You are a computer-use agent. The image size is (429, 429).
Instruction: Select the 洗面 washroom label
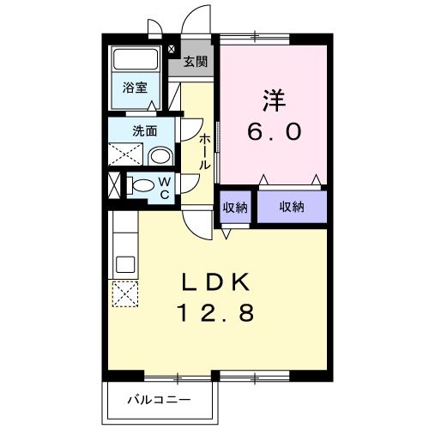pyautogui.click(x=143, y=131)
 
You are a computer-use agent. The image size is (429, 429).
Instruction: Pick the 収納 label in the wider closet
pyautogui.click(x=292, y=208)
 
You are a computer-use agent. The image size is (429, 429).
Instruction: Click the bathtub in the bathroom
pyautogui.click(x=135, y=61)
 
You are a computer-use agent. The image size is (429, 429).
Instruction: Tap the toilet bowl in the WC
pyautogui.click(x=142, y=184)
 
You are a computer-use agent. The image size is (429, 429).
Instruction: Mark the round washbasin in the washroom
pyautogui.click(x=159, y=156)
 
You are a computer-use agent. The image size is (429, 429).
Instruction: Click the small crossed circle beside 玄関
pyautogui.click(x=172, y=48)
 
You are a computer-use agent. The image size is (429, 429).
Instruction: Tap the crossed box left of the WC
pyautogui.click(x=115, y=184)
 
